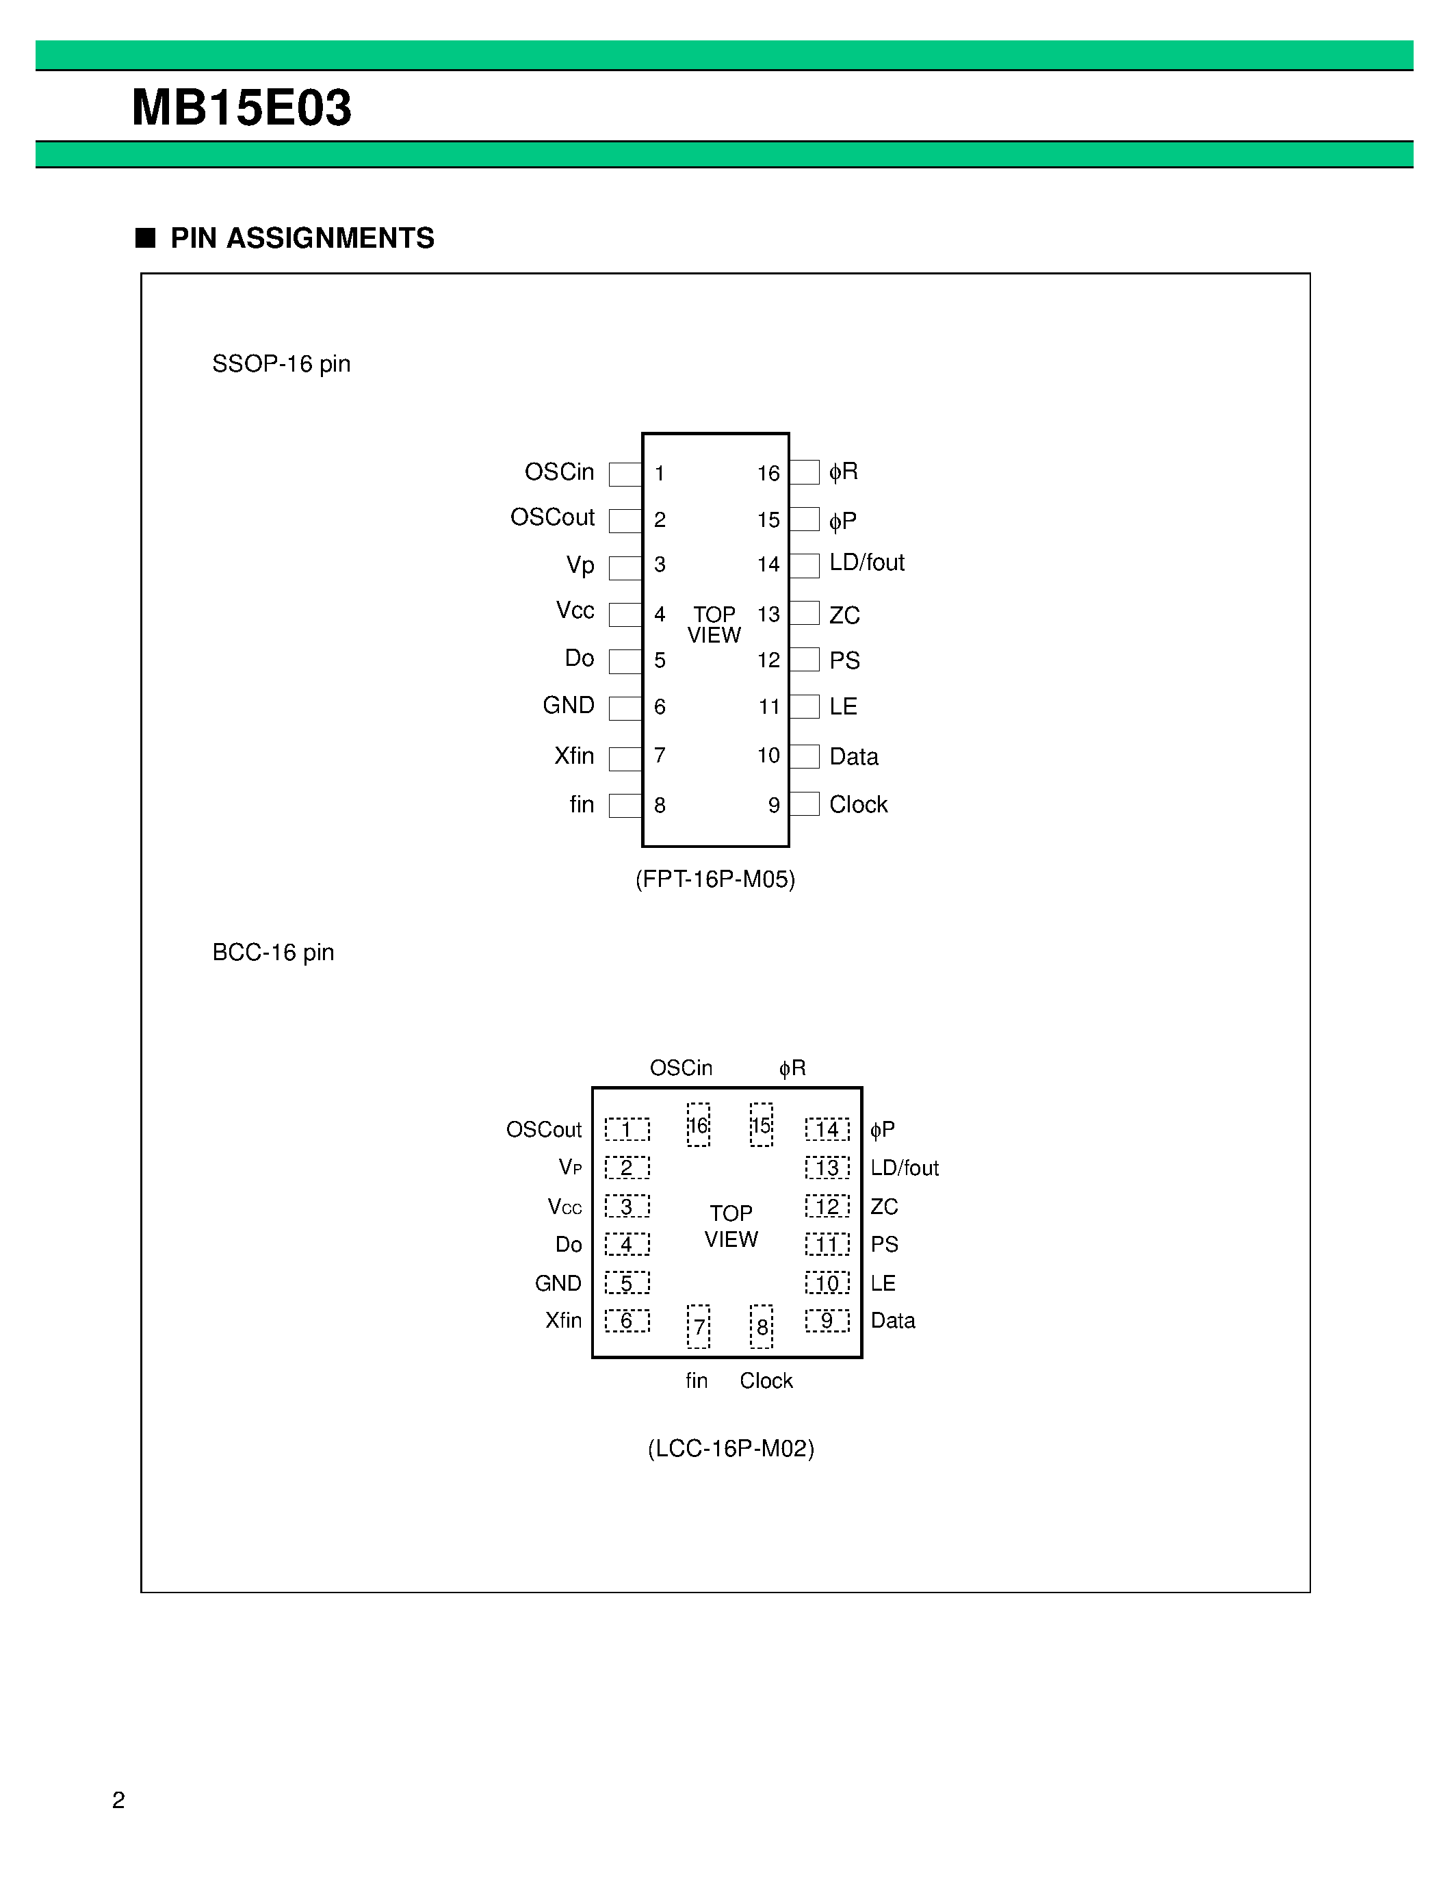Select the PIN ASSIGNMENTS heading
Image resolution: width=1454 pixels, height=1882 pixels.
[x=302, y=238]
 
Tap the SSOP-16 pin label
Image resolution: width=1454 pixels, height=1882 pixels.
[x=281, y=363]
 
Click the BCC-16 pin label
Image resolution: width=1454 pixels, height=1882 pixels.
[x=273, y=952]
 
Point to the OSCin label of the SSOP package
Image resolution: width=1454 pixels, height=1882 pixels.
[x=559, y=472]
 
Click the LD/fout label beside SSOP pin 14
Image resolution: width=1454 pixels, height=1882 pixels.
[x=866, y=563]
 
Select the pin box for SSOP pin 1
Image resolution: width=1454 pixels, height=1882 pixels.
[x=625, y=474]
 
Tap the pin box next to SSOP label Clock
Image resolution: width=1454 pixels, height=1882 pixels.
[x=805, y=804]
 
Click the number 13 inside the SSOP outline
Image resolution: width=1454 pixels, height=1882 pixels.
[x=768, y=615]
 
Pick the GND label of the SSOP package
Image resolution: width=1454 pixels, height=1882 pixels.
[x=569, y=706]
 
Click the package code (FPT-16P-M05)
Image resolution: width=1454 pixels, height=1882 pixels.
[x=715, y=879]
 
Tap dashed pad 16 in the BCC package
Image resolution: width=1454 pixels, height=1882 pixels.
[x=699, y=1124]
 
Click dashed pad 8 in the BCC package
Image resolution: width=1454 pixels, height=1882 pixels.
[x=762, y=1326]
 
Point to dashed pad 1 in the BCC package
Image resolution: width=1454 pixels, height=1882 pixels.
[x=627, y=1129]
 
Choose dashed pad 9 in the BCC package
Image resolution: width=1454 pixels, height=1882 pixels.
[x=827, y=1320]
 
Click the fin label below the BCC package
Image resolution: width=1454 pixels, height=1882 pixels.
[x=697, y=1380]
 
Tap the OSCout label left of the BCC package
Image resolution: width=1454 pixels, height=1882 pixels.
[x=543, y=1130]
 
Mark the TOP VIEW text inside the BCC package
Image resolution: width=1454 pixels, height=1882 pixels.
[x=731, y=1226]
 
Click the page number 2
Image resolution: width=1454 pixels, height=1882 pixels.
[x=119, y=1800]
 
